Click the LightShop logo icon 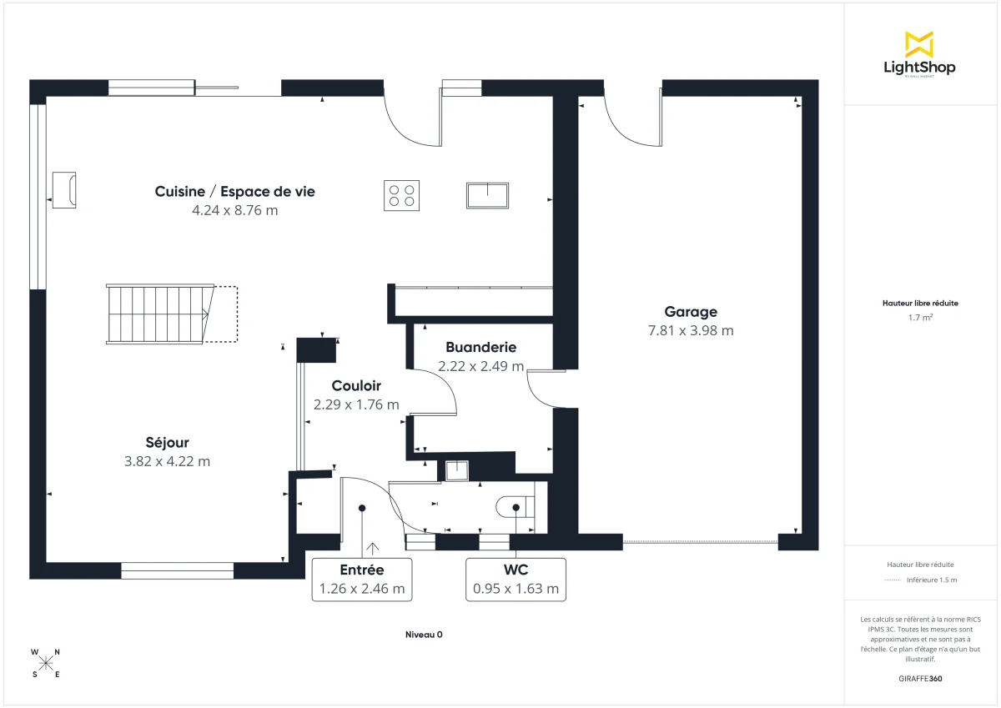coord(919,44)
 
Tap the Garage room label coord(691,312)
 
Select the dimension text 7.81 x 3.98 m coord(691,330)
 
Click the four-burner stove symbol coord(401,196)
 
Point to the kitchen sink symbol coord(487,195)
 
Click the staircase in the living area coord(159,314)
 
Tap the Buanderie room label coord(480,347)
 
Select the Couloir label coord(356,386)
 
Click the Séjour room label coord(168,443)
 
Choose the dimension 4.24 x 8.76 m coord(234,210)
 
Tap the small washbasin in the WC coord(456,471)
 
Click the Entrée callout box coord(362,580)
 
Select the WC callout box coord(516,580)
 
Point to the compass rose coord(46,663)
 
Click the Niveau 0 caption coord(423,635)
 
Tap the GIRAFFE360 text coord(920,679)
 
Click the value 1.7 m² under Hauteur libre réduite coord(920,318)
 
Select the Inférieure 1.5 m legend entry coord(931,580)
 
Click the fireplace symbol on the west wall coord(64,190)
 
